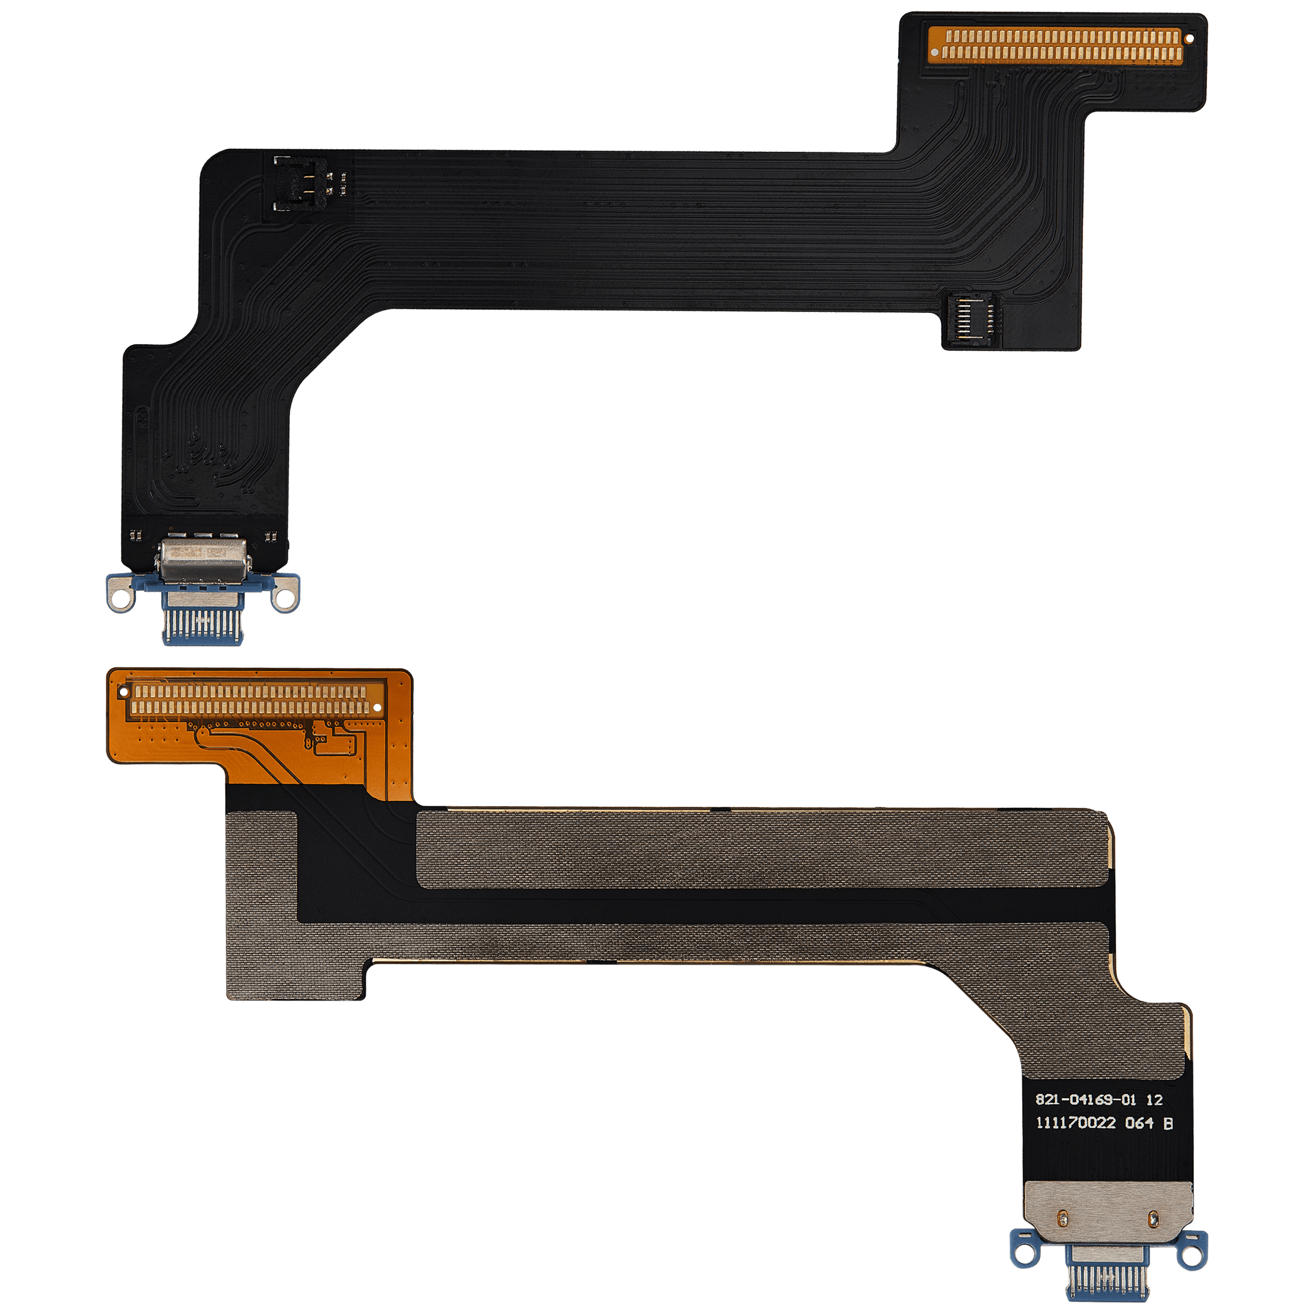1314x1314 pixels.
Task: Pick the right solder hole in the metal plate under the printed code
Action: point(1153,1219)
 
